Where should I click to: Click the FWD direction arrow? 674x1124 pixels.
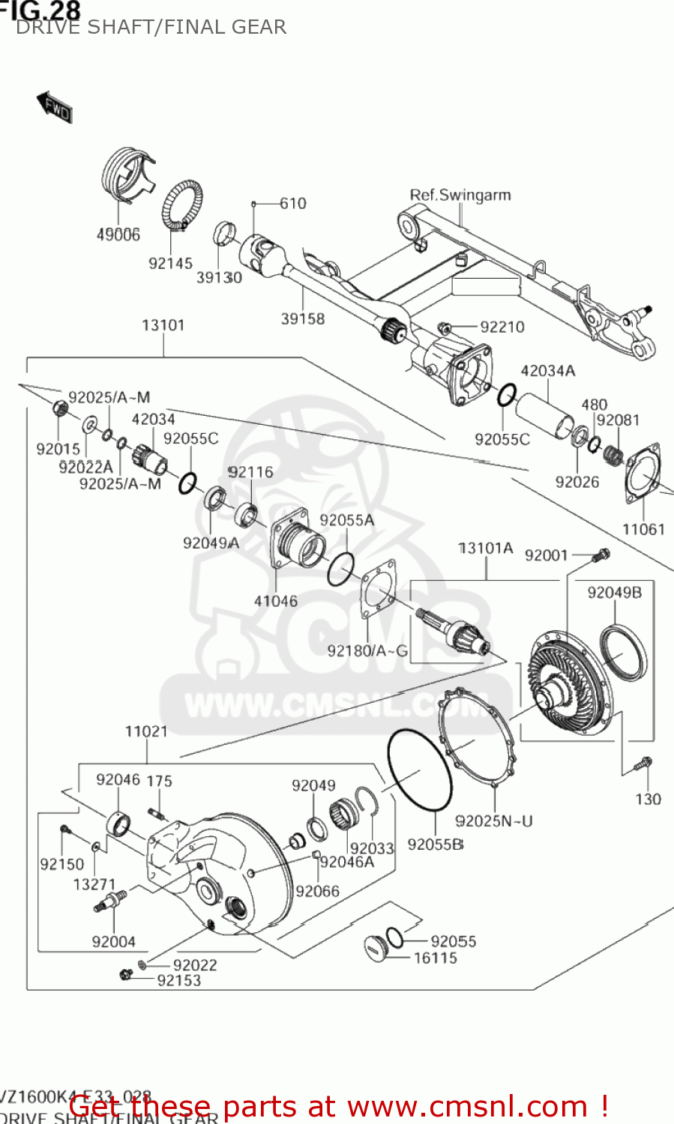[x=55, y=107]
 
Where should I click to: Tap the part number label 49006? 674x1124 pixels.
[x=118, y=235]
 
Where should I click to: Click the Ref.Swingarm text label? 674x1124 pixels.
[x=460, y=195]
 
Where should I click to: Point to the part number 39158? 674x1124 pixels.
[x=303, y=318]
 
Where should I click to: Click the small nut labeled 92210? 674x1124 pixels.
[x=444, y=327]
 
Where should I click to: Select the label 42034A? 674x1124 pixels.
[x=547, y=371]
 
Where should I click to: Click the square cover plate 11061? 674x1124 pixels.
[x=643, y=475]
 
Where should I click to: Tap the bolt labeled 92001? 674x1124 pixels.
[x=601, y=556]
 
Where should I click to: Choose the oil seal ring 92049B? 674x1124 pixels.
[x=622, y=653]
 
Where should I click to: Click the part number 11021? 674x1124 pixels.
[x=146, y=731]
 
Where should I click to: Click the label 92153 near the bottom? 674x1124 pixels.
[x=178, y=980]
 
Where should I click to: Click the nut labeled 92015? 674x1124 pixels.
[x=61, y=409]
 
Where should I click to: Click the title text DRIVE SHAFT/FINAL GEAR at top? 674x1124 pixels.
[x=151, y=28]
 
